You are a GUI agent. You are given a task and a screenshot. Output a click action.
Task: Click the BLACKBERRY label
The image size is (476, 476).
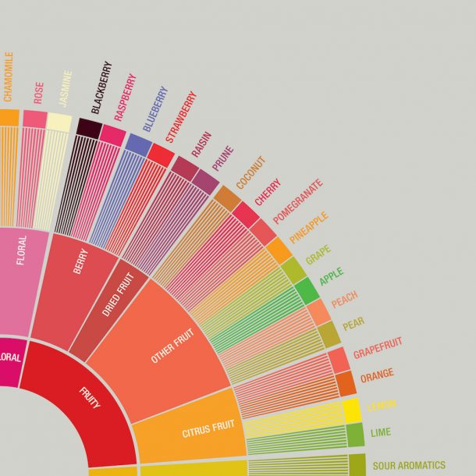pos(101,88)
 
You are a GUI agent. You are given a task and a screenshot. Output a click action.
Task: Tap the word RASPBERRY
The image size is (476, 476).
pos(126,96)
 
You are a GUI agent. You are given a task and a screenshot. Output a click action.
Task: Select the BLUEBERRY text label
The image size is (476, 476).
pos(155,108)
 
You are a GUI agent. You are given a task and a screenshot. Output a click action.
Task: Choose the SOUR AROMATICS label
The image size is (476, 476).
pos(409,466)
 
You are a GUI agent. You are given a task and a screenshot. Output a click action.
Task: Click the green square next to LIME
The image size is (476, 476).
pos(355,435)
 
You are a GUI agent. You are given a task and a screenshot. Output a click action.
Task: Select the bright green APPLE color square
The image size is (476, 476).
pos(307,290)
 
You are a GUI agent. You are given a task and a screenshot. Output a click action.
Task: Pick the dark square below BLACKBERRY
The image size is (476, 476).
pos(90,129)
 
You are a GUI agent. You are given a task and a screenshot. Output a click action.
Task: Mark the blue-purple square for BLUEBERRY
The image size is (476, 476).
pos(139,144)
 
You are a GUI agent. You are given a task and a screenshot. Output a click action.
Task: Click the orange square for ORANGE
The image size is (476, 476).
pos(346,383)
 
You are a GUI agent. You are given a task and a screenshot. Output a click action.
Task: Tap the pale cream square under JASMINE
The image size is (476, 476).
pos(59,121)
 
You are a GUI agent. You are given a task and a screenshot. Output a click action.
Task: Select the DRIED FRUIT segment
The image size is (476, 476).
pos(116,294)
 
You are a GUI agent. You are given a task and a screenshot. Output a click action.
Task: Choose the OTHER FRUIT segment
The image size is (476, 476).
pos(173,351)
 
